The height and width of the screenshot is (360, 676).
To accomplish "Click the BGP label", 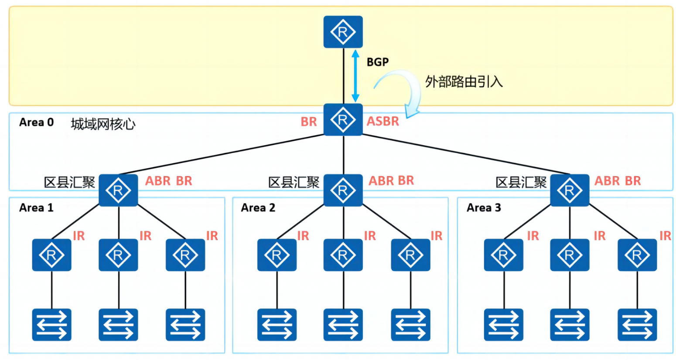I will [x=377, y=62].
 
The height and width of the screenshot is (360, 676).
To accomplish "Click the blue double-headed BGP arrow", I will [x=355, y=76].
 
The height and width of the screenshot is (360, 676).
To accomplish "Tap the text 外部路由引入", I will [x=464, y=82].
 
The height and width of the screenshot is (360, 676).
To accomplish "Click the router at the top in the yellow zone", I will [x=343, y=32].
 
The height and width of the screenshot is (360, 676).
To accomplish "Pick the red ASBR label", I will [x=382, y=122].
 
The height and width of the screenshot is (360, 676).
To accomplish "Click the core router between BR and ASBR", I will [x=343, y=119].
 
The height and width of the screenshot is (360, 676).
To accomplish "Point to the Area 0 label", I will [x=36, y=122].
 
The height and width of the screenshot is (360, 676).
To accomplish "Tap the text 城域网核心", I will [x=103, y=124].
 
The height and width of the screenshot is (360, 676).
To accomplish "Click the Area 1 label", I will [x=36, y=208].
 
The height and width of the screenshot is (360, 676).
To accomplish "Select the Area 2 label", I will [x=258, y=208].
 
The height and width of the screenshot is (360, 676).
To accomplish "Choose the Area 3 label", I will [x=484, y=208].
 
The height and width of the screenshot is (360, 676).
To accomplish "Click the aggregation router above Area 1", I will [x=118, y=190].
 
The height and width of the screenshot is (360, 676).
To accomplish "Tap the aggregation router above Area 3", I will [x=570, y=190].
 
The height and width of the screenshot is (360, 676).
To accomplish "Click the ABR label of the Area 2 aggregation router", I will [x=381, y=181].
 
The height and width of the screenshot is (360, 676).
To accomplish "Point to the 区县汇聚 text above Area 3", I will [x=521, y=182].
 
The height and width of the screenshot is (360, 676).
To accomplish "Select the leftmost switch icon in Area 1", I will [x=51, y=325].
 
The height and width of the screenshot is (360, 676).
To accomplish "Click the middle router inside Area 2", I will [x=343, y=255].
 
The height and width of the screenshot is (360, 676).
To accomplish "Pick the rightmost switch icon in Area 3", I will [x=637, y=325].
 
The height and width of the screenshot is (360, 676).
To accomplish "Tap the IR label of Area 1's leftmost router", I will [x=79, y=236].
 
